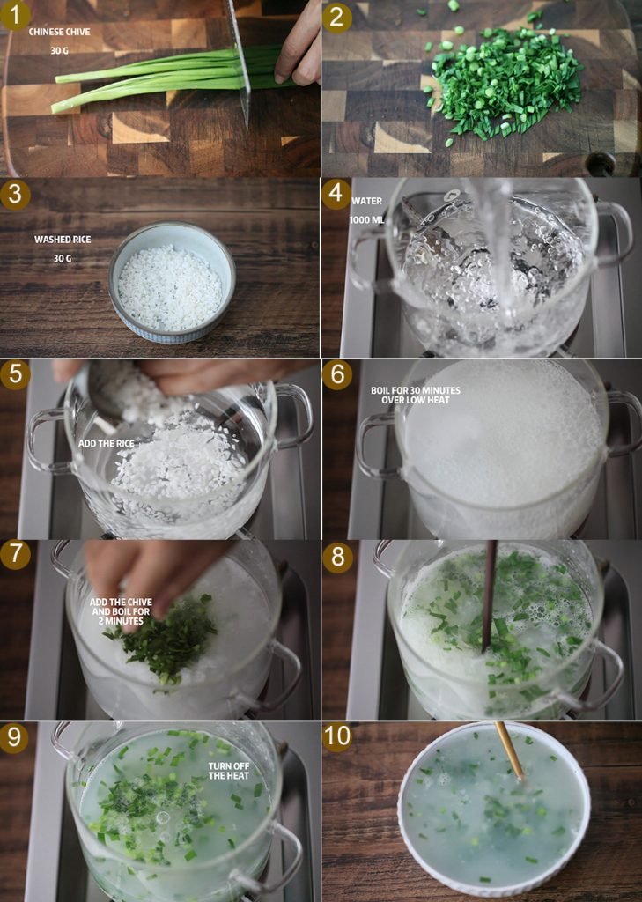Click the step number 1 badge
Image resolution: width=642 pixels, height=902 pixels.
[x=15, y=16]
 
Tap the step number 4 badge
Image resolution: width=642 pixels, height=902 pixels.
[x=336, y=194]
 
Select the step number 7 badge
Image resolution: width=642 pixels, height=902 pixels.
[x=15, y=555]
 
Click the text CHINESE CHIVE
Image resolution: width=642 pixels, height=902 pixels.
[x=59, y=33]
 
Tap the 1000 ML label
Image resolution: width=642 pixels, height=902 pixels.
[x=366, y=219]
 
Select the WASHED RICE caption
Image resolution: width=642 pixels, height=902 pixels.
[x=63, y=240]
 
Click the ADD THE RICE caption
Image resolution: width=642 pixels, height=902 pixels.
[x=107, y=444]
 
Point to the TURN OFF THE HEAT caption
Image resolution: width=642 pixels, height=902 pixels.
[x=229, y=771]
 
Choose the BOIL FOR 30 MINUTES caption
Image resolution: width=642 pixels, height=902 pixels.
[x=416, y=390]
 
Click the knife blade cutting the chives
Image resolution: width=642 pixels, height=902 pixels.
[x=240, y=61]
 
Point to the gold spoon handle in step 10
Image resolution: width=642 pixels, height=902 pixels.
[x=509, y=750]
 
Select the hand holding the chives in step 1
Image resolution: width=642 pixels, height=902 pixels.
[x=298, y=46]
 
